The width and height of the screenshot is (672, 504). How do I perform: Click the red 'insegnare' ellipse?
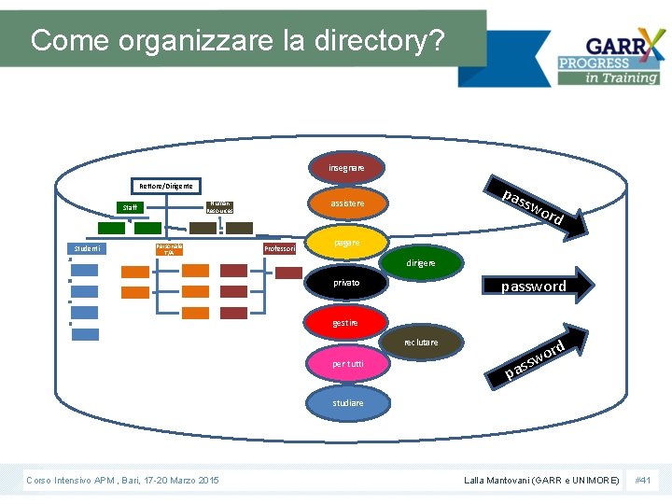click(346, 168)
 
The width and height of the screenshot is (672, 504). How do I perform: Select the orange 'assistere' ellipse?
click(346, 202)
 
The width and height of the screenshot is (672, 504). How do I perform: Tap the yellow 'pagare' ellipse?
click(346, 243)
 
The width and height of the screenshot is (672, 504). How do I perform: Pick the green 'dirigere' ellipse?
click(420, 263)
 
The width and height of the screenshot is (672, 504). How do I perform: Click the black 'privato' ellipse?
click(346, 282)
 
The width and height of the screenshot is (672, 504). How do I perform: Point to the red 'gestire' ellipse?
click(346, 323)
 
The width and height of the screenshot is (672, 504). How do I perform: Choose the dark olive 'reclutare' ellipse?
click(420, 343)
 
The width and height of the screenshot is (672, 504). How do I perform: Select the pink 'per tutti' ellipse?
click(347, 363)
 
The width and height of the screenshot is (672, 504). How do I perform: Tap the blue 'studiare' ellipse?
click(347, 402)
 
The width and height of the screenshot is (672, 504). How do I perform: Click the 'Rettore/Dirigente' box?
click(167, 187)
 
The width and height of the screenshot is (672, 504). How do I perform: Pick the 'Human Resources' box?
click(219, 206)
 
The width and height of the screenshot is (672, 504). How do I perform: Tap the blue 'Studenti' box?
click(90, 248)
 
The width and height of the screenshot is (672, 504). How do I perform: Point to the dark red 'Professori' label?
click(280, 249)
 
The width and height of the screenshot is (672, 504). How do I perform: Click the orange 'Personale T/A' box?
click(168, 249)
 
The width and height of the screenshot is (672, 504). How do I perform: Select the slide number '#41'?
click(643, 480)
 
